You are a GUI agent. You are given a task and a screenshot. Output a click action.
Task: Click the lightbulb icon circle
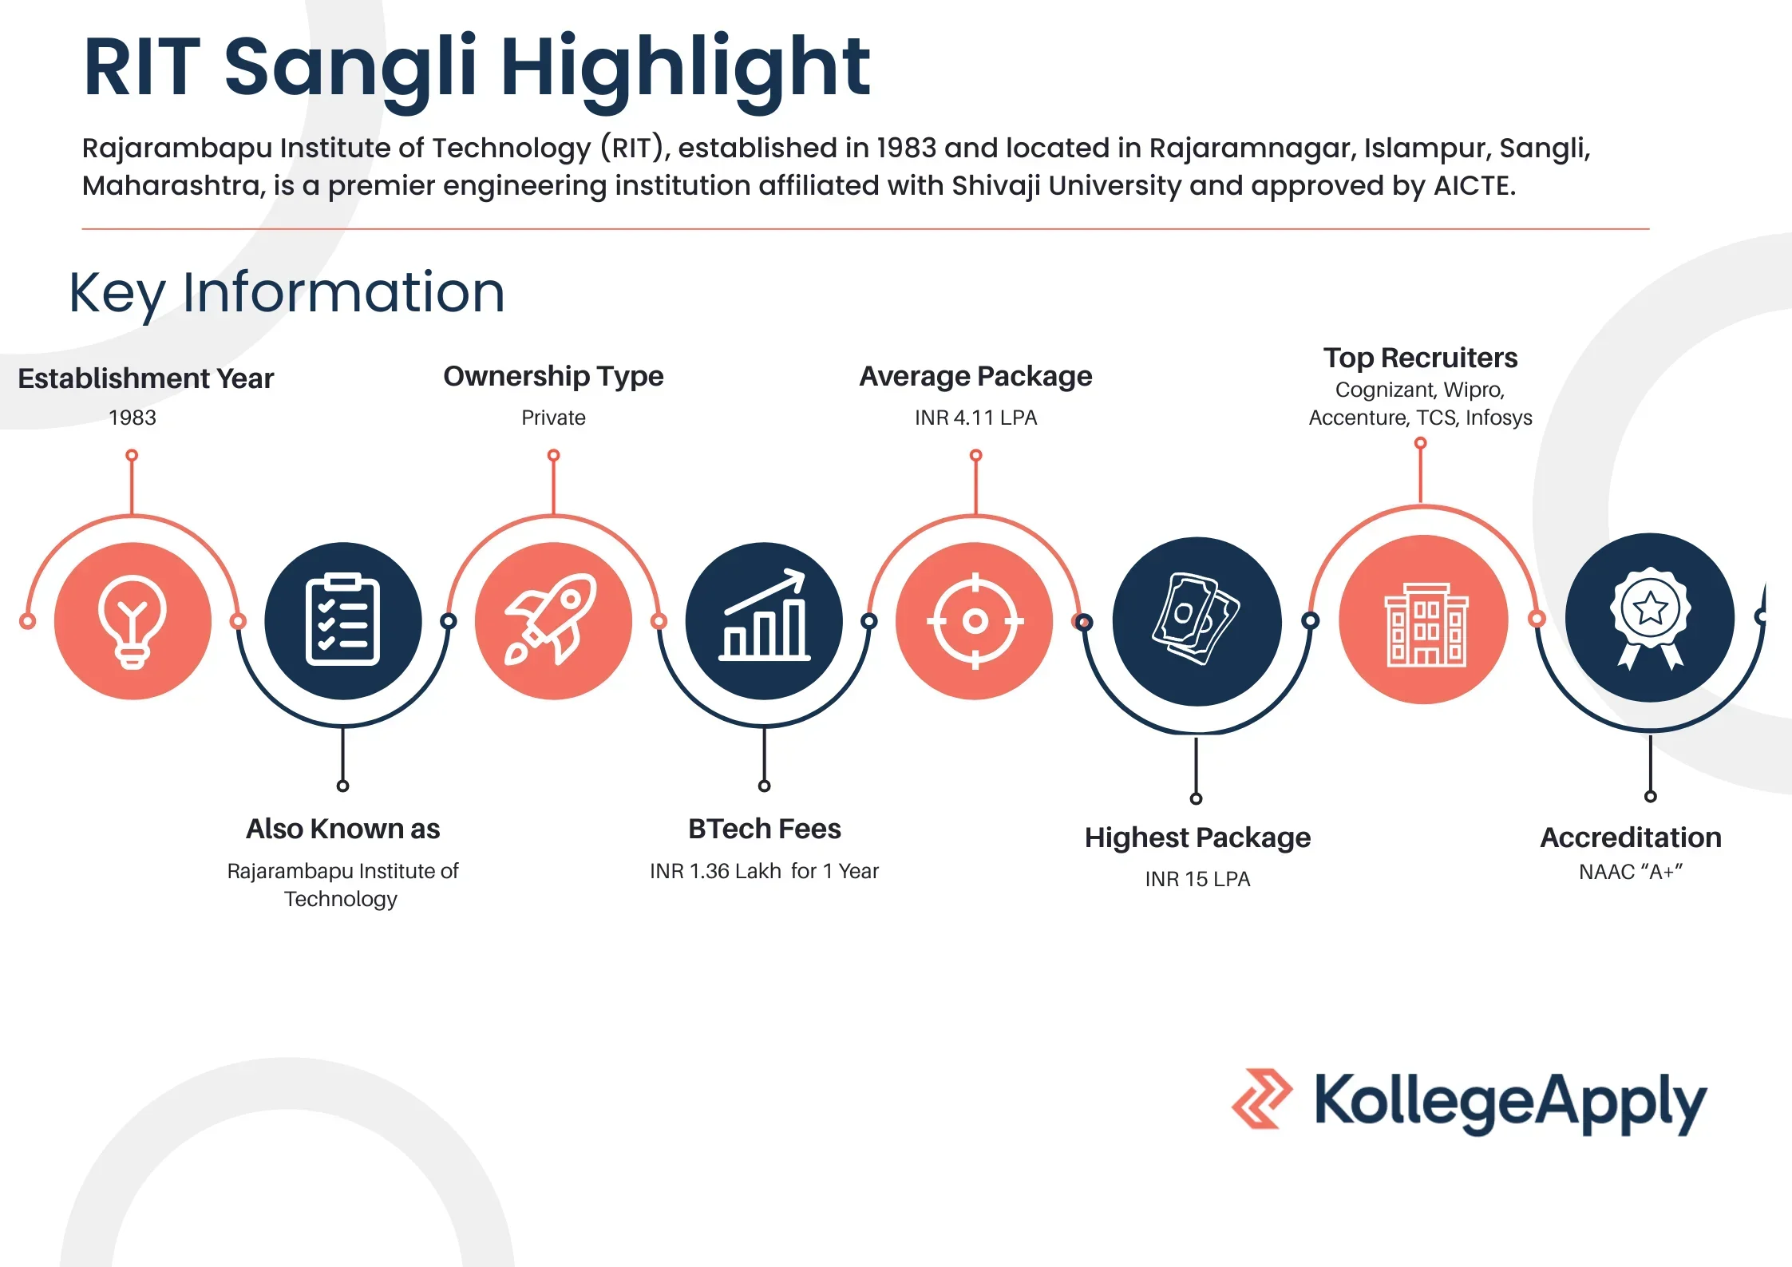pos(133,621)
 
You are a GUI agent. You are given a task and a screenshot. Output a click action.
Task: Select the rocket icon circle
pos(553,621)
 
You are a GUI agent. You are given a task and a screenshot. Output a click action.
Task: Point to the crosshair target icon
pos(975,621)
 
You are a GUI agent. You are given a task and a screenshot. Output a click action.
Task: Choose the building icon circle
pos(1423,620)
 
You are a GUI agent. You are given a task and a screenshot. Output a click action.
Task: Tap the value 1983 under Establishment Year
pos(133,418)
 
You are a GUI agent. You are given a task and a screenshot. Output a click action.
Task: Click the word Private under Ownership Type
pos(553,418)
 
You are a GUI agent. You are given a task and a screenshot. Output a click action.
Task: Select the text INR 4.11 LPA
pos(975,418)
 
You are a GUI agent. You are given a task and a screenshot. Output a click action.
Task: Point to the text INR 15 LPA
pos(1197,879)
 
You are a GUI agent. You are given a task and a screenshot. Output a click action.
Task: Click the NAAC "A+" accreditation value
pos(1631,872)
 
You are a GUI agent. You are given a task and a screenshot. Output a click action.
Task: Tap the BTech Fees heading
pos(765,829)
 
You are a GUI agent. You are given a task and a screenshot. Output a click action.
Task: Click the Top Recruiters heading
pos(1421,358)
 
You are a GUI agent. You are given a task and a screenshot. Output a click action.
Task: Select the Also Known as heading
pos(343,829)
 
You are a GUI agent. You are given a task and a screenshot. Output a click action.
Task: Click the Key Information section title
pos(287,293)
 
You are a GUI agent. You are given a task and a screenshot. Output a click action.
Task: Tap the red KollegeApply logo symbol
pos(1262,1099)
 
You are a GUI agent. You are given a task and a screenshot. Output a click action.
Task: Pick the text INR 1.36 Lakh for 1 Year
pos(764,871)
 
